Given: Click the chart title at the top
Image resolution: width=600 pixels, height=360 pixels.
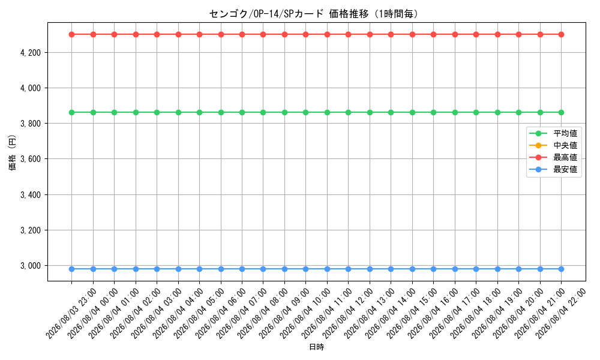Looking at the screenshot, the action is (314, 14).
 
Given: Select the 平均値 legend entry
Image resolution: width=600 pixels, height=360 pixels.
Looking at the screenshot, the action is (553, 134).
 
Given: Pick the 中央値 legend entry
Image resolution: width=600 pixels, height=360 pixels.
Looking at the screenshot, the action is (553, 145).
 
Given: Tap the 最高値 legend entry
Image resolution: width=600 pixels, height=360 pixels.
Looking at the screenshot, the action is (553, 157).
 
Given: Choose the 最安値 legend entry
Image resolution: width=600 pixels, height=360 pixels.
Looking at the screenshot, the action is (553, 169).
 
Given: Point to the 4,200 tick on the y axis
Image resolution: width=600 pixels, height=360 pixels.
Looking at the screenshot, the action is (31, 52).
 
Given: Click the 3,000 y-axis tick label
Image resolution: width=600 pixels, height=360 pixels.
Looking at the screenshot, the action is (31, 266).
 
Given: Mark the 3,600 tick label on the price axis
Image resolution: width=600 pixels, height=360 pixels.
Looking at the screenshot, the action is (31, 159).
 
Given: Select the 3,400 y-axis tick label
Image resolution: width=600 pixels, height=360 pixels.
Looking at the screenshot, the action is (31, 195).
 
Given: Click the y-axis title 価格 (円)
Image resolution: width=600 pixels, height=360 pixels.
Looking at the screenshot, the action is (12, 152).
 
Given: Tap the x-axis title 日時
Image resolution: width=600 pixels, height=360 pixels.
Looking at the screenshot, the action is (316, 347).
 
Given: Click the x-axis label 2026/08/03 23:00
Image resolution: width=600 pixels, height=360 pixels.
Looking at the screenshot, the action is (71, 314).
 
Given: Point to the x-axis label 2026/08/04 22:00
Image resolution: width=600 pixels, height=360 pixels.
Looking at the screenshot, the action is (560, 314).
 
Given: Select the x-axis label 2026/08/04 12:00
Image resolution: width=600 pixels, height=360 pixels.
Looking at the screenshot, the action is (347, 314).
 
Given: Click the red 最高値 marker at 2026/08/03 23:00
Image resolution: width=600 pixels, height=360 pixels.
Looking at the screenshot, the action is (71, 34).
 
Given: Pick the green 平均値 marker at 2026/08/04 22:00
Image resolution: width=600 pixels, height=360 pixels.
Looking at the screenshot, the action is (561, 112).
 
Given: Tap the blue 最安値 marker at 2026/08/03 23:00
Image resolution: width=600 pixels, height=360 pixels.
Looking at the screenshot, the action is (71, 269).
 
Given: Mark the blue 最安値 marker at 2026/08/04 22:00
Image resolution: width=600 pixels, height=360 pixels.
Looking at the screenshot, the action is (561, 269).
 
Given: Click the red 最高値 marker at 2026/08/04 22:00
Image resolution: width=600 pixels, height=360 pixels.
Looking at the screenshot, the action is (561, 34).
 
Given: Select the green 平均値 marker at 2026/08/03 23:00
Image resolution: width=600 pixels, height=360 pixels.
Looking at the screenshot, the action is (71, 112).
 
